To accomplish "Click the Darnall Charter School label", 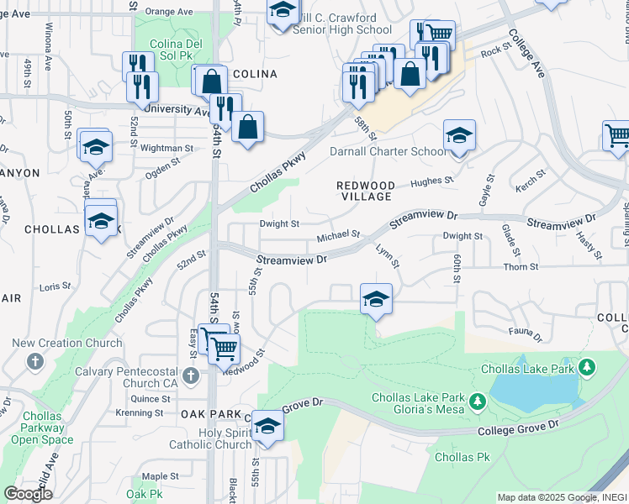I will (388, 152).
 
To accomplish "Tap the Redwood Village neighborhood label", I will (365, 191).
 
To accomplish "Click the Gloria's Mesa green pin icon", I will (478, 403).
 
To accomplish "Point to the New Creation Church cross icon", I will (34, 361).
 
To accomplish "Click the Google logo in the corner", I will (28, 494).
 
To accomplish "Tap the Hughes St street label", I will (431, 181).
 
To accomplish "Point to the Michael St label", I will (338, 238).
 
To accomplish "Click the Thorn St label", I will (521, 267).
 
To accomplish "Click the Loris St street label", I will (55, 286).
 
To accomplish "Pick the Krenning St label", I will (140, 412).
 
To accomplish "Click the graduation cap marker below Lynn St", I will (376, 299).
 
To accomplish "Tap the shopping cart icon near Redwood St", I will (223, 346).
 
